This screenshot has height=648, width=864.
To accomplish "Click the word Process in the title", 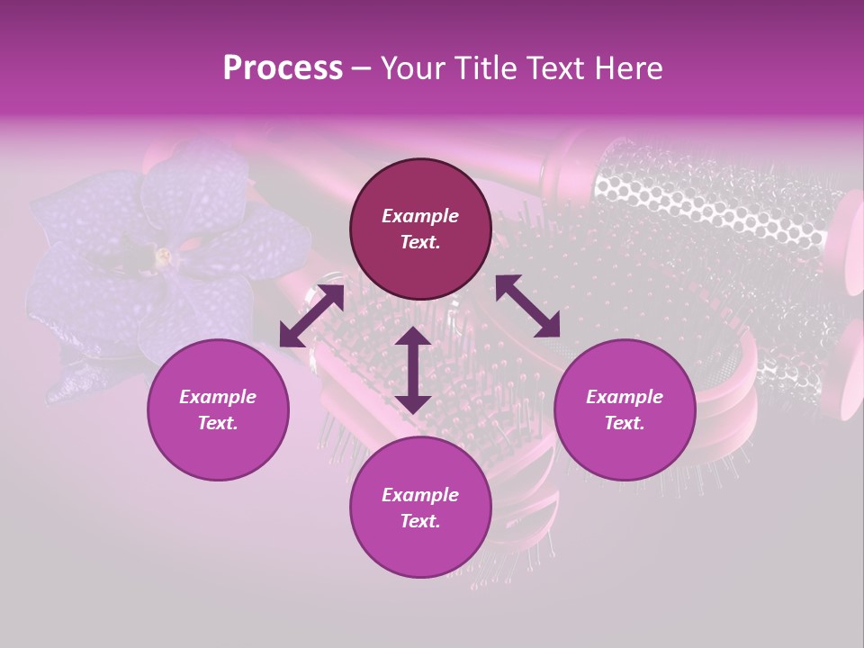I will tap(283, 68).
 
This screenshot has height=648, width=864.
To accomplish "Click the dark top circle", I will tap(420, 229).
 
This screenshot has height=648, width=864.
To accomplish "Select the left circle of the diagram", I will tap(218, 409).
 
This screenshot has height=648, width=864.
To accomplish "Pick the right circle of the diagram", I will tap(625, 409).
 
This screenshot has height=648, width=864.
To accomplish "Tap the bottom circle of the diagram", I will tap(420, 508).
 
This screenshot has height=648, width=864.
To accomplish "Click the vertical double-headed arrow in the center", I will tap(412, 370).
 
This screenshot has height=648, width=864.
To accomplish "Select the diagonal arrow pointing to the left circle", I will tap(311, 316).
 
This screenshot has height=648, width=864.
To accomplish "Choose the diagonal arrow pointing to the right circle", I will tap(527, 306).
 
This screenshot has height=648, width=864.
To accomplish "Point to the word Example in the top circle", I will tap(420, 216).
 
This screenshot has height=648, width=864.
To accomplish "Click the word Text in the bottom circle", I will tap(418, 521).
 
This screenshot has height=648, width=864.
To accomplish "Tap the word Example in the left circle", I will tap(218, 397).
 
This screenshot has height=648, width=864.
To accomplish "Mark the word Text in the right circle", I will tap(622, 423).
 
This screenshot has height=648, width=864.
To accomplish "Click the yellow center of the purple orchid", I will tap(164, 256).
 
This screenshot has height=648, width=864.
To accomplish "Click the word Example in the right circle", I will tap(625, 397).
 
